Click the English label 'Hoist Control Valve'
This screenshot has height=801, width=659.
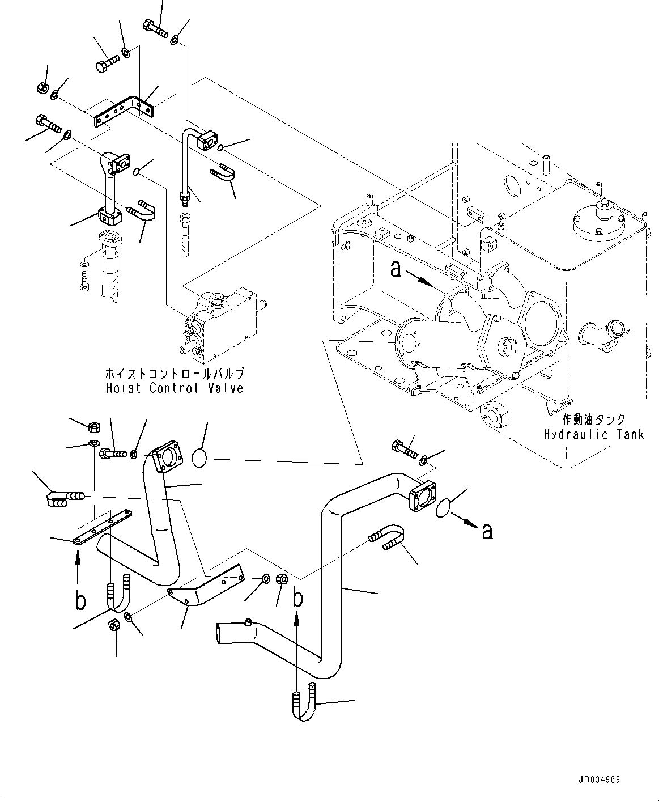click(x=174, y=388)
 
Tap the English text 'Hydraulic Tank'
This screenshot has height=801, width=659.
click(x=594, y=435)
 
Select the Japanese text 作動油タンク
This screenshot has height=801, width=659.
click(x=594, y=420)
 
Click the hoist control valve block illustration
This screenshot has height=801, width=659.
click(x=223, y=324)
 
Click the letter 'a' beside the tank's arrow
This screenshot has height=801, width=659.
click(x=396, y=269)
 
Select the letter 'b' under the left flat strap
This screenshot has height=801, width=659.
click(x=80, y=600)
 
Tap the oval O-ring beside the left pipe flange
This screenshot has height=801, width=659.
click(x=199, y=457)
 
